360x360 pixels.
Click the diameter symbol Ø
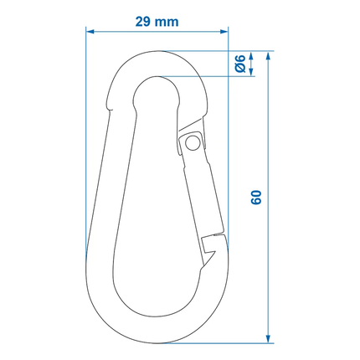(x=239, y=69)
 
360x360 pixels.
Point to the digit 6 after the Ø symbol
(x=239, y=58)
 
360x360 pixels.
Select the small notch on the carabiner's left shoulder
(x=109, y=105)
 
